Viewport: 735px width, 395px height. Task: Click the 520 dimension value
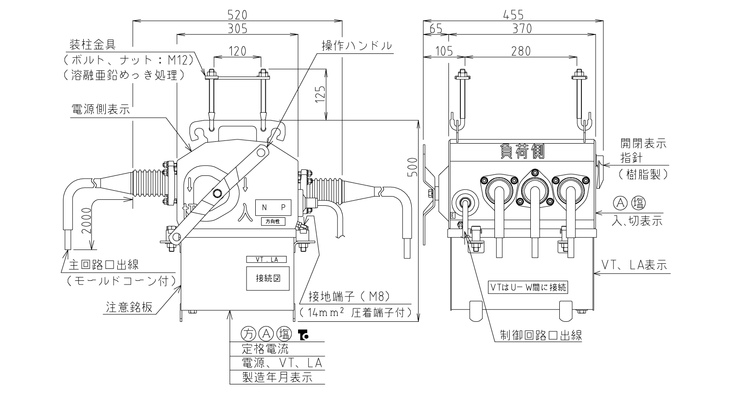(x=237, y=15)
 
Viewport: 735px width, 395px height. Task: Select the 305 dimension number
(x=237, y=29)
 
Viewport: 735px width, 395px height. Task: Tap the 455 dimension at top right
(x=513, y=15)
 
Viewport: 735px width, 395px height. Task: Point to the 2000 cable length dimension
(x=86, y=221)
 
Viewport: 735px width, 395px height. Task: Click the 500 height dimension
(x=413, y=167)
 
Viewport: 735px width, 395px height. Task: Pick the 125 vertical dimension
(x=320, y=94)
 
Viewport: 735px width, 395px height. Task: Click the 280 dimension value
(x=521, y=51)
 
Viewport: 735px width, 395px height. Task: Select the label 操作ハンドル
(x=357, y=46)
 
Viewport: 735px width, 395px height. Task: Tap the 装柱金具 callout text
(x=92, y=44)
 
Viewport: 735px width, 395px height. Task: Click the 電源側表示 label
(x=101, y=110)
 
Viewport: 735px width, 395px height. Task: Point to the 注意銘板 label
(x=129, y=307)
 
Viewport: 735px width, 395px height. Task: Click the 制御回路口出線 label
(x=541, y=335)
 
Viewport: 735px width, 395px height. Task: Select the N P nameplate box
(x=273, y=208)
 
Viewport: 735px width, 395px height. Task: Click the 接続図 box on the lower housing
(x=268, y=279)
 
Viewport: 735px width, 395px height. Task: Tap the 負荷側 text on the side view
(x=522, y=151)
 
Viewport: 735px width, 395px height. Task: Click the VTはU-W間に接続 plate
(x=528, y=287)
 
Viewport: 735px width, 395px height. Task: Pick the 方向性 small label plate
(x=273, y=221)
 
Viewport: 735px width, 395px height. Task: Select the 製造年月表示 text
(x=277, y=377)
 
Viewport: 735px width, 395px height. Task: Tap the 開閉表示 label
(x=643, y=143)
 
